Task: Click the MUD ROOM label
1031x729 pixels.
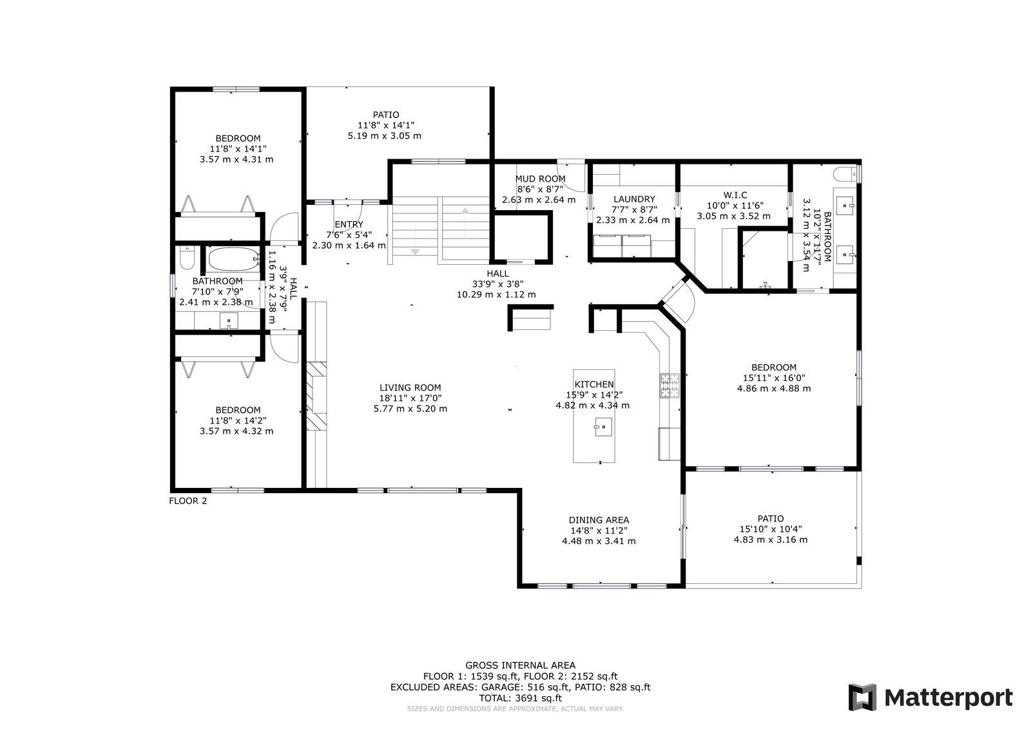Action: [x=540, y=179]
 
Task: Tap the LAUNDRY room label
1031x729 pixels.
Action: [x=634, y=199]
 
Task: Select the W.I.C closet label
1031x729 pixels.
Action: [x=735, y=195]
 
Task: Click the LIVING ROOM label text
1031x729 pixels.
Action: [x=410, y=387]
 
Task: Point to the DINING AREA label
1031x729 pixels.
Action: [x=599, y=520]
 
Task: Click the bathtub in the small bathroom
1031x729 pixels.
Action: [x=232, y=259]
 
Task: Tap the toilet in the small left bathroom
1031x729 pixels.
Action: [x=186, y=260]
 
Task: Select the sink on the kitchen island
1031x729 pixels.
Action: [x=604, y=427]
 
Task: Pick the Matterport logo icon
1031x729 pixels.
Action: [x=862, y=697]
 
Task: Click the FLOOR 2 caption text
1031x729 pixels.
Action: [x=188, y=500]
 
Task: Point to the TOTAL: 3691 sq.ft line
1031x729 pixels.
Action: [x=520, y=697]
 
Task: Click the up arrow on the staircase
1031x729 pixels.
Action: [x=465, y=210]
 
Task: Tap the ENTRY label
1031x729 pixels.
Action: [x=349, y=224]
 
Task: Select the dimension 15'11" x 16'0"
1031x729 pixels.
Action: [x=773, y=378]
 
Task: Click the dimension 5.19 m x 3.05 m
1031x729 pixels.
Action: [x=385, y=136]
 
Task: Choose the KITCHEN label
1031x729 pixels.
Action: [x=594, y=384]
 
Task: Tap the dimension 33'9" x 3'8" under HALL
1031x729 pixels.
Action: [x=497, y=284]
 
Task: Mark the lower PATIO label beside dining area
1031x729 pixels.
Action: [x=771, y=518]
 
